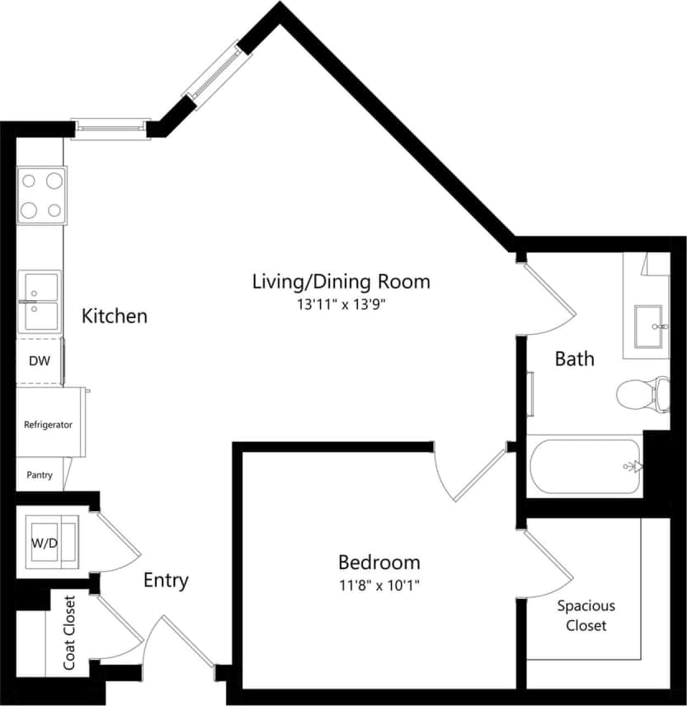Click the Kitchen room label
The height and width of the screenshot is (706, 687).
point(115,316)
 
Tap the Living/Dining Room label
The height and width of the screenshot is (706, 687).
point(341,281)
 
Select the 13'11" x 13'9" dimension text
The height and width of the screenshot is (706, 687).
point(341,304)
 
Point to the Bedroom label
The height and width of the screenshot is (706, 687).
point(379,562)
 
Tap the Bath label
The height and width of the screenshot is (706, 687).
point(574,359)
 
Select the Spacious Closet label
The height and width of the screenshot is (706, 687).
point(586,615)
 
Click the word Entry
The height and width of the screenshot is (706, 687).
point(166,580)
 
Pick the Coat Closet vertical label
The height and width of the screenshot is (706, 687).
point(70,633)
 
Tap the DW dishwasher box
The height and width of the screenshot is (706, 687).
point(39,361)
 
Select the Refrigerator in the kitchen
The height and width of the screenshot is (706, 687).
point(49,425)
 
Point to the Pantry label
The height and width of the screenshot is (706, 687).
point(40,475)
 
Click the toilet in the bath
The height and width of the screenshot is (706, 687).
point(642,394)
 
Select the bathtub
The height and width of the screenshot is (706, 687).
point(585,466)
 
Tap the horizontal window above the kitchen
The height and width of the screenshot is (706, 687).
point(111,128)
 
